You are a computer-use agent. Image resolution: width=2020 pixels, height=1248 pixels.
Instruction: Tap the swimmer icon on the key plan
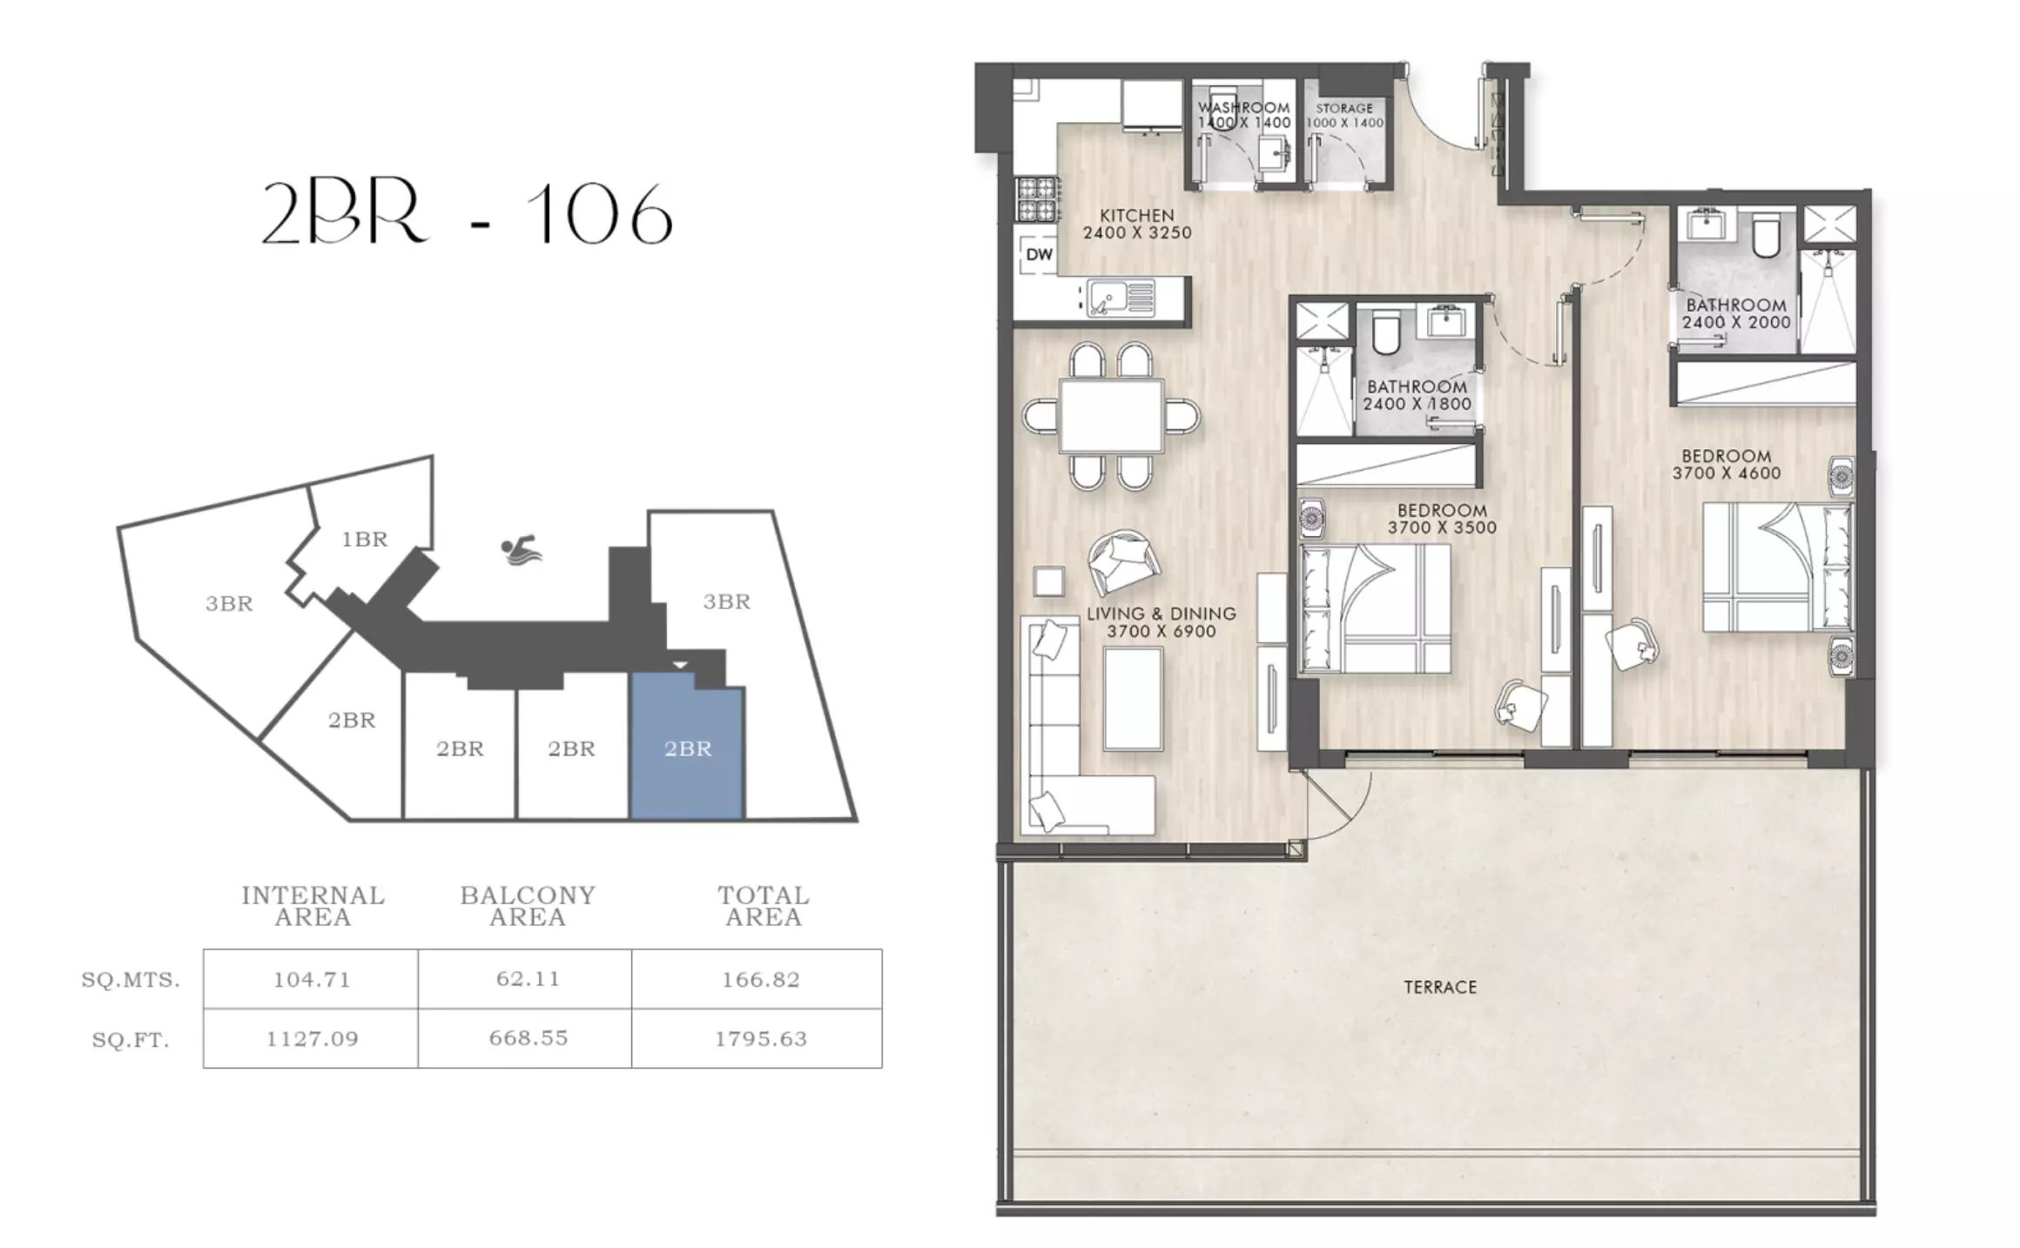point(522,550)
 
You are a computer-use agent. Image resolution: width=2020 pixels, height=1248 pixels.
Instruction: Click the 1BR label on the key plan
point(364,540)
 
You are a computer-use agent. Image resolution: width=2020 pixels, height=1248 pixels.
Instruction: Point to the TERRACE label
point(1440,987)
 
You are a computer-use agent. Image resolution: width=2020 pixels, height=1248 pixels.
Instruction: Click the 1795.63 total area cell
point(761,1038)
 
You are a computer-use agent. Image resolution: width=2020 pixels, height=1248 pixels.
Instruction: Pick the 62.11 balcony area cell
point(527,979)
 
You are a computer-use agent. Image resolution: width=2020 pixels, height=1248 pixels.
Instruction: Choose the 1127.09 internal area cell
point(312,1038)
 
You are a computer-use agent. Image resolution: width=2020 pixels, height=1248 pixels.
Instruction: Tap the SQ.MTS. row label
point(131,980)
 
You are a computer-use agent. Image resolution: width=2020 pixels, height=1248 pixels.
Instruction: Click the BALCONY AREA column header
point(528,906)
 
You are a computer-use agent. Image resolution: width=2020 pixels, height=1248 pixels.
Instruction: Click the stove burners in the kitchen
point(1038,198)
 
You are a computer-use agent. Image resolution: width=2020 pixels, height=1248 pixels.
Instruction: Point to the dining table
point(1111,416)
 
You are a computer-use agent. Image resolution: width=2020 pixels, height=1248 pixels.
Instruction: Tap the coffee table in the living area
point(1133,700)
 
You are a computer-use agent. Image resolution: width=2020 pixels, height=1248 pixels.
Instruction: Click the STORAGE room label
point(1344,109)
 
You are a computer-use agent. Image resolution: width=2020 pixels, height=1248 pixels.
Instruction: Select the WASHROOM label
point(1243,108)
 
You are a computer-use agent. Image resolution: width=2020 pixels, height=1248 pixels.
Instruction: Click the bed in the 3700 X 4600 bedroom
point(1777,567)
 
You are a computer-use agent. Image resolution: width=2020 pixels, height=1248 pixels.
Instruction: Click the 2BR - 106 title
point(468,214)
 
